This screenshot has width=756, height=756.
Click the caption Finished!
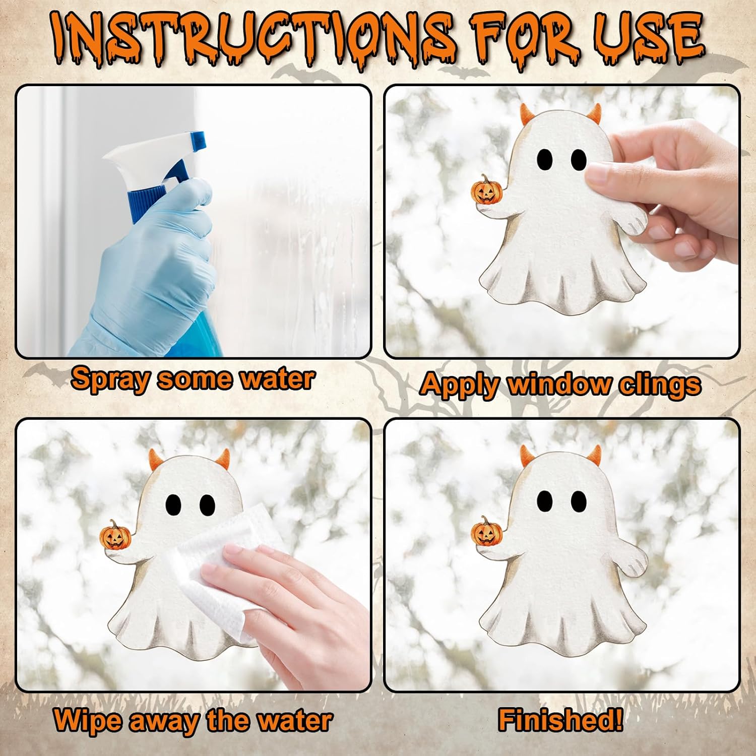click(560, 719)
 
